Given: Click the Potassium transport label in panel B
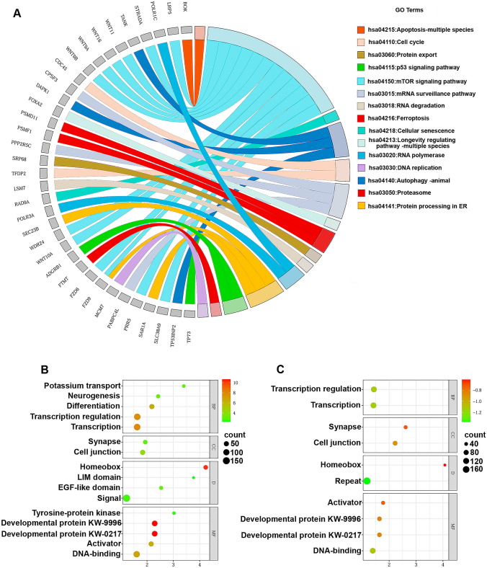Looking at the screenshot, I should [75, 386].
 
